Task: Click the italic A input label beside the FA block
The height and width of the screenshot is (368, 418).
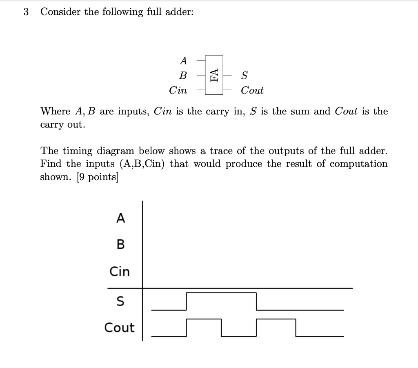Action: (x=183, y=61)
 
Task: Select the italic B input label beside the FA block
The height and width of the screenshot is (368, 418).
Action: (x=183, y=76)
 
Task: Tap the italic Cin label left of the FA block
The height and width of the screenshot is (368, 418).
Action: (x=178, y=90)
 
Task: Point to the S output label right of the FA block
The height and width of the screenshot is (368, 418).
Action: (x=244, y=76)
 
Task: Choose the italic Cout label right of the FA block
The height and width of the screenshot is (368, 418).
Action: (x=252, y=90)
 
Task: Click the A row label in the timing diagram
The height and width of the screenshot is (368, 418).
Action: (x=120, y=219)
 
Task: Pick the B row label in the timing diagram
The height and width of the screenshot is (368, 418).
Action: (x=120, y=245)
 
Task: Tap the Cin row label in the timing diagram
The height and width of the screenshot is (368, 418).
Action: (x=120, y=271)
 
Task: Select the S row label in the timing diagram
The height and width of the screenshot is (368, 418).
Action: (x=120, y=301)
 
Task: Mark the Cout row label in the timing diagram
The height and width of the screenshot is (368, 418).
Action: (x=119, y=328)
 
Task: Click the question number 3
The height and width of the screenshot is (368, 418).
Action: (x=27, y=12)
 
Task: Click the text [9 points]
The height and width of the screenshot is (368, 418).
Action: (x=97, y=177)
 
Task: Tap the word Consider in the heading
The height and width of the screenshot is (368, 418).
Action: (x=60, y=12)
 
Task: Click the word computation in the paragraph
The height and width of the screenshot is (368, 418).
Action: (x=358, y=164)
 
